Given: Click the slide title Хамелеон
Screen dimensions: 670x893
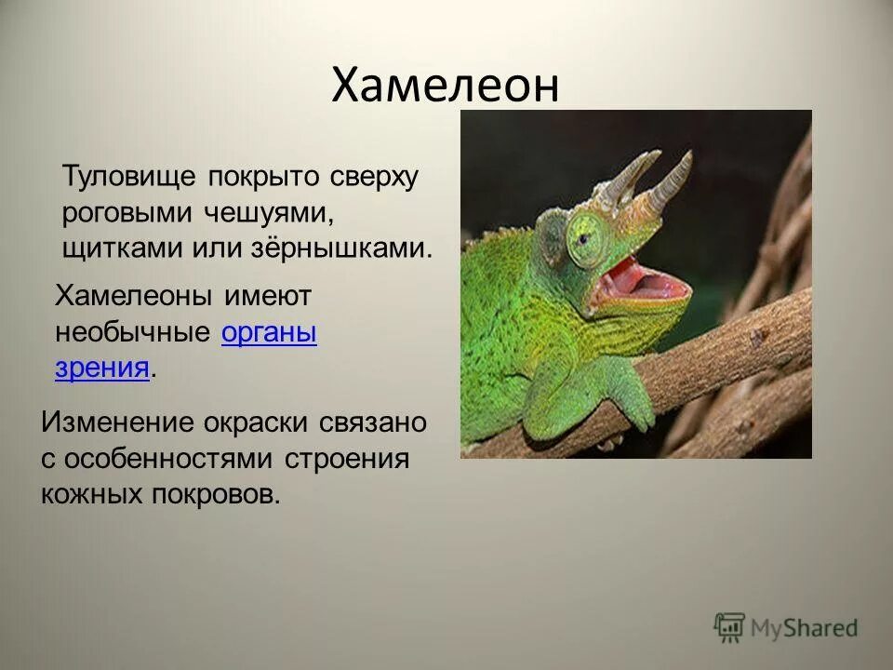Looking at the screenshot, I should (446, 87).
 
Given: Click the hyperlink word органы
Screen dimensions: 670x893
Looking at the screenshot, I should (270, 333).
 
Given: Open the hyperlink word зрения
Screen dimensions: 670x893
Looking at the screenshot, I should (102, 368).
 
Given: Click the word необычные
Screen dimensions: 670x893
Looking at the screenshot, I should (134, 333).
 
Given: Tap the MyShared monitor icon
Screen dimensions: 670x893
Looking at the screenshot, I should (730, 628).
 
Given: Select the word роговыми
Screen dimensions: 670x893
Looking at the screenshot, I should (123, 213).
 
